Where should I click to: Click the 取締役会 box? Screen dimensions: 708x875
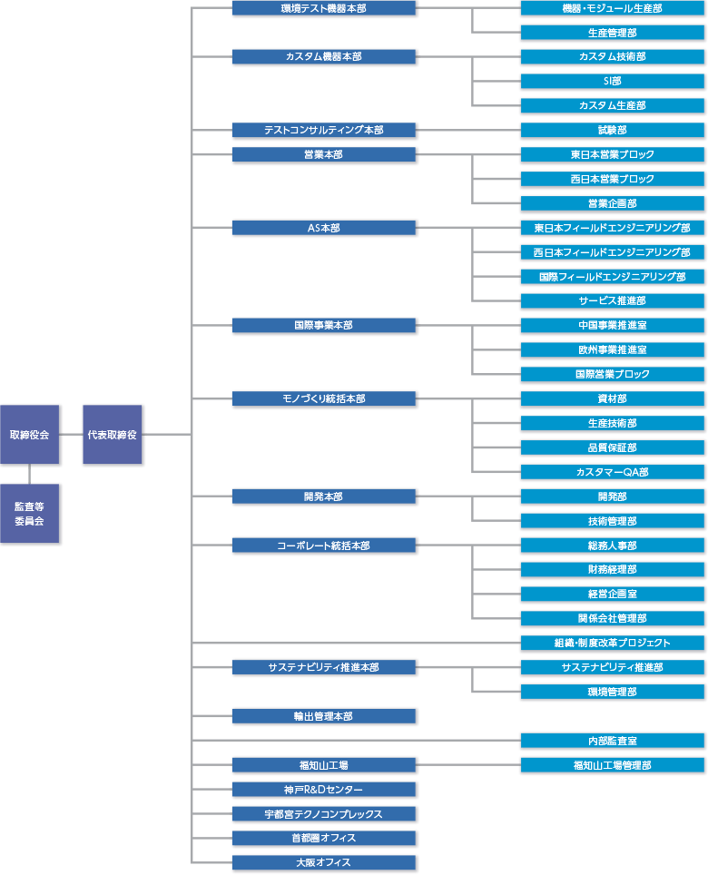(30, 434)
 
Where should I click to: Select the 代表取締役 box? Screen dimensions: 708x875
(113, 434)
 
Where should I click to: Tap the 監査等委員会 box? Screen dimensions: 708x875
(30, 514)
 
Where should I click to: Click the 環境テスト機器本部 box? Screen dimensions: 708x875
(324, 8)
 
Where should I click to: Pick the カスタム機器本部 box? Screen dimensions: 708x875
(324, 56)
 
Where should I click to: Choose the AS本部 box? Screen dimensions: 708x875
(324, 228)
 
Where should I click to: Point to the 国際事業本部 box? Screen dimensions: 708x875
(324, 325)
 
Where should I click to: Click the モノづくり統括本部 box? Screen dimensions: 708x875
(324, 398)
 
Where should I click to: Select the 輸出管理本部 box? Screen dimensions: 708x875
(324, 716)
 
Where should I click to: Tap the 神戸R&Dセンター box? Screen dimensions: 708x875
(324, 790)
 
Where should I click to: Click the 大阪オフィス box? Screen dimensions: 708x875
(324, 862)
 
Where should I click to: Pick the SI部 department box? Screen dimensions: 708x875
(613, 81)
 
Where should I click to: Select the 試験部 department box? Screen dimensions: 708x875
(613, 130)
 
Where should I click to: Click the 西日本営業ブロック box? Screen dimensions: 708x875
(613, 179)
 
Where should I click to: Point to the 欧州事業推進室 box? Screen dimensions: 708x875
(613, 349)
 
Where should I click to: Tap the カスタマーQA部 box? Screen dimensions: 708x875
(613, 472)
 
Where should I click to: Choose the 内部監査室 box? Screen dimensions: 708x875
(613, 741)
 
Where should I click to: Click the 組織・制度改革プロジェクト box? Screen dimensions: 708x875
(613, 643)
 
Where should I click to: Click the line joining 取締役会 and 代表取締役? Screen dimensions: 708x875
(71, 434)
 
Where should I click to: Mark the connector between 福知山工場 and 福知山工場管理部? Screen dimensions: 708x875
(468, 765)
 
